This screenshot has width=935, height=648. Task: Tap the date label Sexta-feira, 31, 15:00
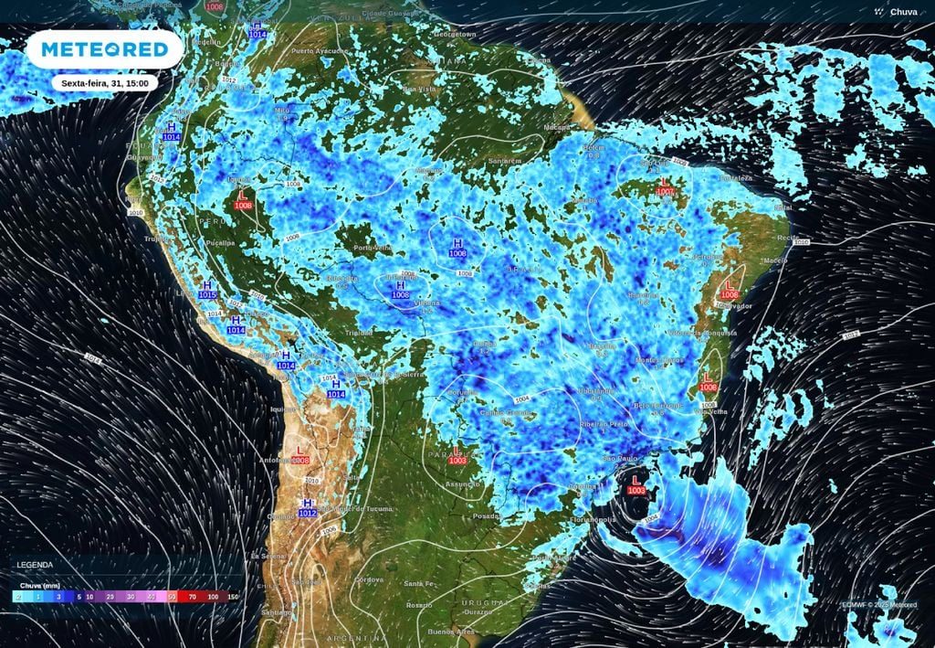point(104,82)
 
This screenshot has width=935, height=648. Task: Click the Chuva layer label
point(903,12)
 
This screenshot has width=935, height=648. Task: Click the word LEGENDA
point(35,565)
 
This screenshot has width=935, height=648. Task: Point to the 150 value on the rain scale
point(233,596)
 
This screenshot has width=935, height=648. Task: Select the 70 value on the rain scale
point(192,596)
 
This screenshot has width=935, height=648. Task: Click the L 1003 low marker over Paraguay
point(457,455)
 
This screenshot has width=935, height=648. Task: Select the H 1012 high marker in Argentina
point(308,508)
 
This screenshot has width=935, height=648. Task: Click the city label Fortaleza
point(737,179)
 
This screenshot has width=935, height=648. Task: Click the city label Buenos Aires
point(453,632)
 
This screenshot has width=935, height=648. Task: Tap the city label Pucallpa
point(219,243)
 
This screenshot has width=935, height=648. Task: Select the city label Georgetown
point(456,34)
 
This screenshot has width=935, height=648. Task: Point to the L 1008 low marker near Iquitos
point(244,200)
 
